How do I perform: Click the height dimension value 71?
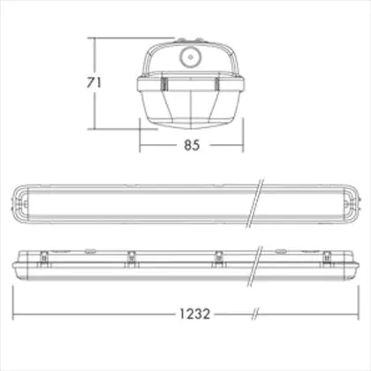94,83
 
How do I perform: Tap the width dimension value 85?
192,145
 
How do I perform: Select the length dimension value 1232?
195,314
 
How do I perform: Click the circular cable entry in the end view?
190,57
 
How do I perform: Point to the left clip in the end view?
164,84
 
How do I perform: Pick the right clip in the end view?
217,84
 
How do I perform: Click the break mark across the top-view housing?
255,202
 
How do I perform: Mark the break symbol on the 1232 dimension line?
255,314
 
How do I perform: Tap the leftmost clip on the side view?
44,259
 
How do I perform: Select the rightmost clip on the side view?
327,259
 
